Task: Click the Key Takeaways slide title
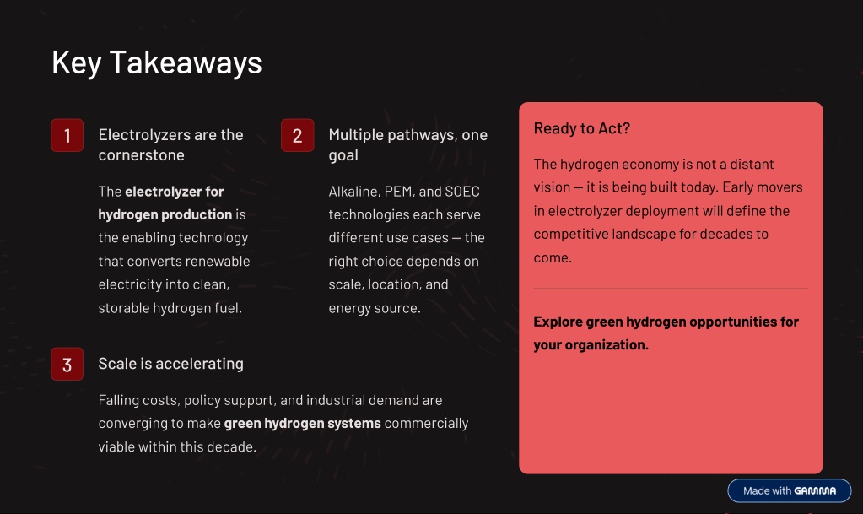(157, 62)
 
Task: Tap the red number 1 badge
(67, 135)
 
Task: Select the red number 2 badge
(297, 135)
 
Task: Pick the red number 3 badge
(67, 364)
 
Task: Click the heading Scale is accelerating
(170, 364)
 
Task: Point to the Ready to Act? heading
(582, 128)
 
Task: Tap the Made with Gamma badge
(790, 490)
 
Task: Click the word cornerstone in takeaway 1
(142, 155)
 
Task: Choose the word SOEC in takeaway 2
(462, 192)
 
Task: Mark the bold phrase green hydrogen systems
(302, 424)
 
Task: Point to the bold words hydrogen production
(165, 215)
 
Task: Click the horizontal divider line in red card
(671, 288)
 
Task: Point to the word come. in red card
(553, 257)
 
